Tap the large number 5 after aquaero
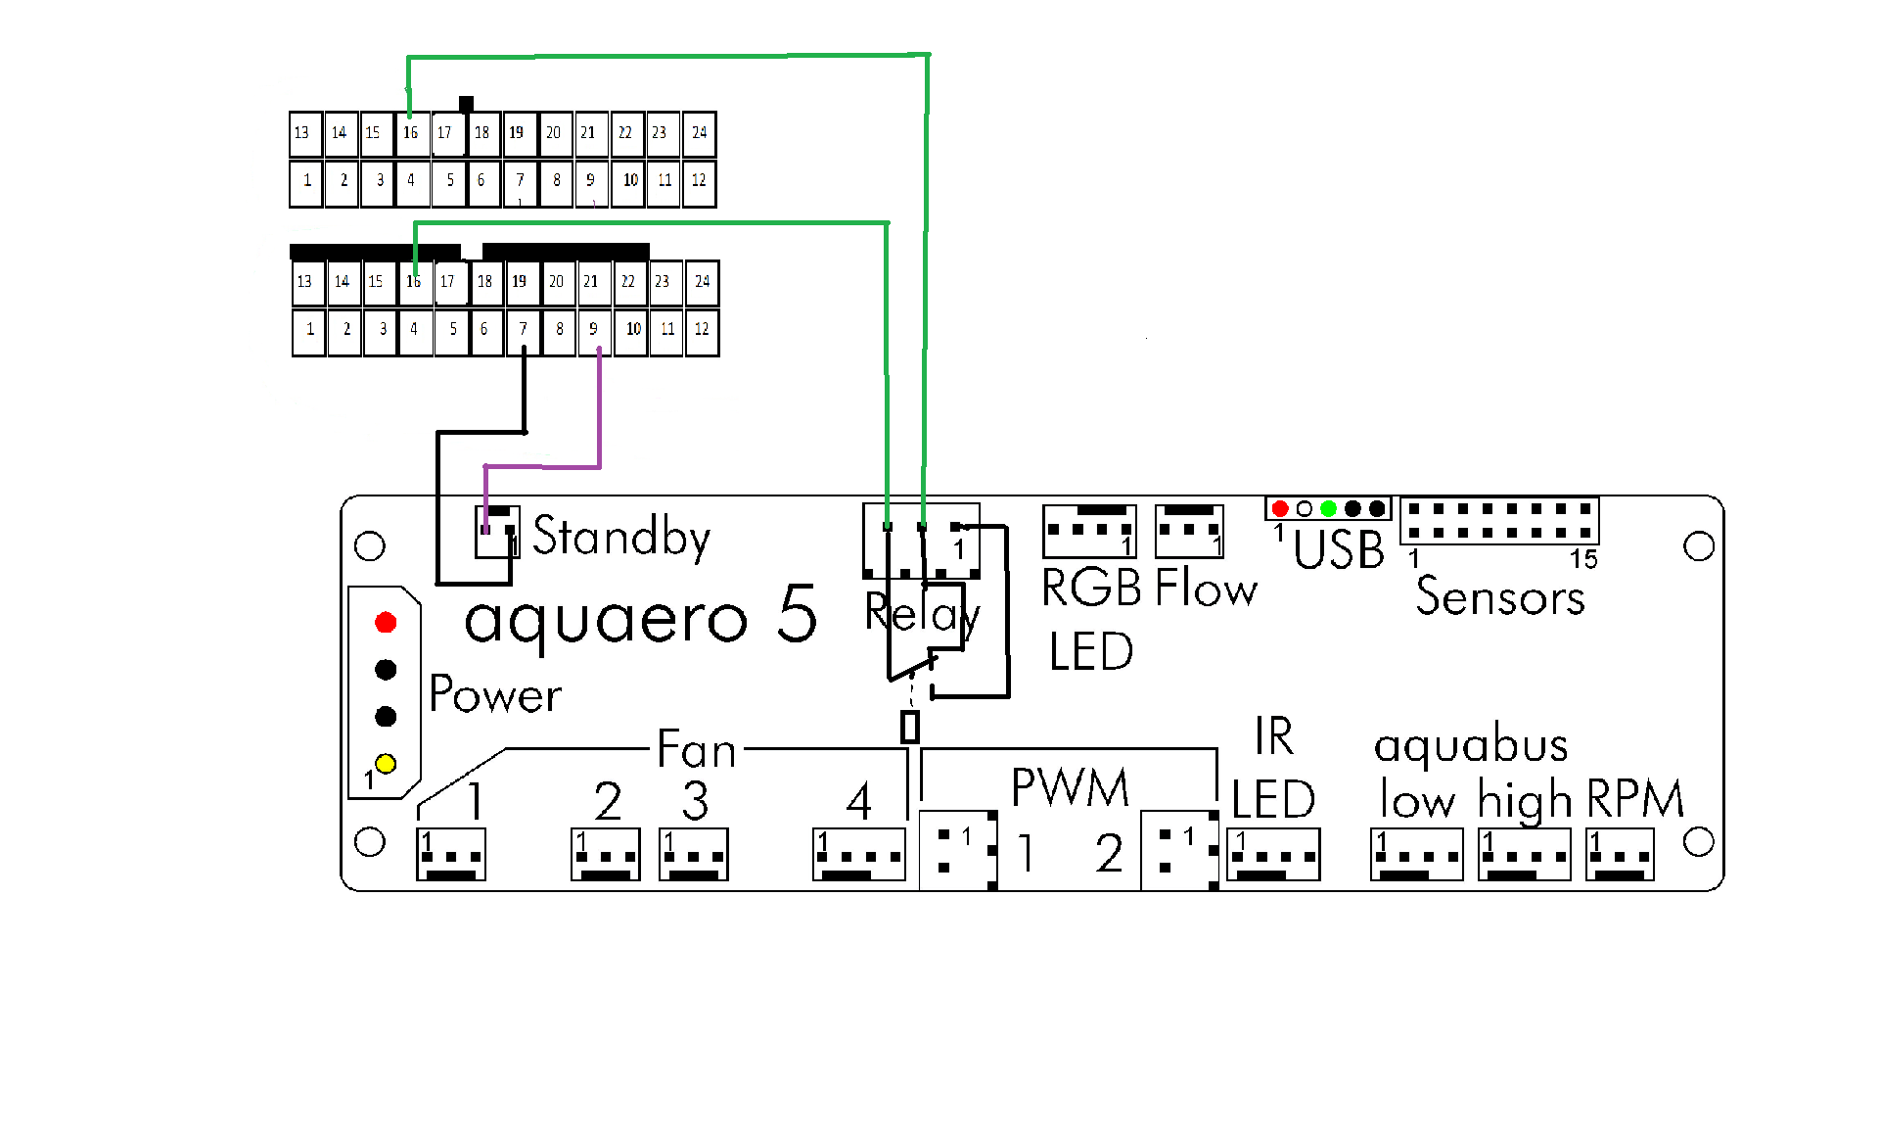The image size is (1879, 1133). [798, 614]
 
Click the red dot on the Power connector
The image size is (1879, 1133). [386, 623]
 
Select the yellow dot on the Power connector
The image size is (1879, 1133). [386, 764]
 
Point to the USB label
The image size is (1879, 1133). [1339, 549]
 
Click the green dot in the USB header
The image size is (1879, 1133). [1328, 509]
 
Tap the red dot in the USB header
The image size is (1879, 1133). [1280, 509]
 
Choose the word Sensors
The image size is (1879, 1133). [1500, 596]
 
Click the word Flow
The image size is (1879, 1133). [1206, 589]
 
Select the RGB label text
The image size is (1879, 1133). [1091, 589]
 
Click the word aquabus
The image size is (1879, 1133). [1471, 746]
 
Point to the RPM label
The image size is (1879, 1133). [1635, 799]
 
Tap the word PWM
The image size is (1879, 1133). [1070, 788]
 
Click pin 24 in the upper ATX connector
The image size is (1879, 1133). [699, 133]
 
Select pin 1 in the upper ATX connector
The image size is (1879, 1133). [306, 182]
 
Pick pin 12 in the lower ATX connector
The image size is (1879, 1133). [702, 331]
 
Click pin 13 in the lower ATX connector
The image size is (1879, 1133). [305, 282]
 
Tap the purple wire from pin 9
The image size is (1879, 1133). [599, 411]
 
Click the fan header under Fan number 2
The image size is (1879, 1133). [606, 854]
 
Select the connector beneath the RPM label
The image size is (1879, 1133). [1620, 854]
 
